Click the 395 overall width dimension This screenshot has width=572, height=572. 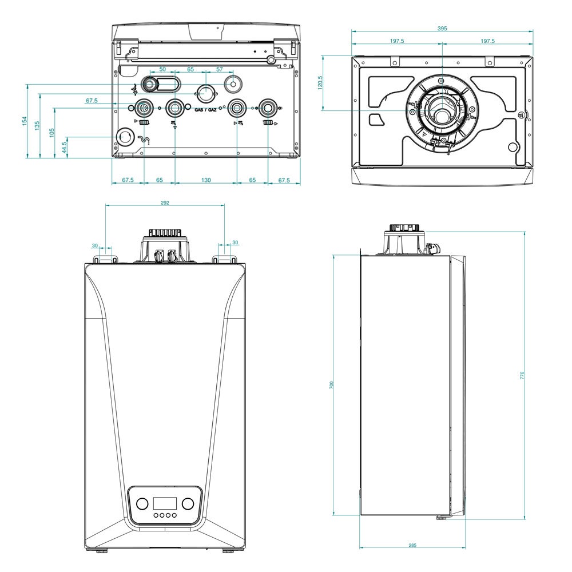tap(442, 28)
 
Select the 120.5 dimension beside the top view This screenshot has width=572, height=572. tap(321, 82)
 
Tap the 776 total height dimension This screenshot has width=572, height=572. tap(522, 376)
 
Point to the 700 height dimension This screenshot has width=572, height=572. tap(331, 385)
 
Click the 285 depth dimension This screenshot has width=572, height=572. tap(412, 545)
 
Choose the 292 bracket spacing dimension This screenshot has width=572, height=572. tap(165, 202)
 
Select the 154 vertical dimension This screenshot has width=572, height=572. tap(25, 121)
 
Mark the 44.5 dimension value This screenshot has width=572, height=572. tap(64, 147)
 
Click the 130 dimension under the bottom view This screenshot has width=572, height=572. tap(206, 180)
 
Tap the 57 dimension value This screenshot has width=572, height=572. tap(220, 69)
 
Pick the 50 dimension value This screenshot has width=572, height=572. tap(162, 69)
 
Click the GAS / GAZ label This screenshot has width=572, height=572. tap(205, 109)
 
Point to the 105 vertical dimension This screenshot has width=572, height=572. tap(51, 132)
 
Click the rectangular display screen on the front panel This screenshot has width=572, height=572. tap(165, 504)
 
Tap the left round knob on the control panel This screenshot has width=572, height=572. tap(141, 504)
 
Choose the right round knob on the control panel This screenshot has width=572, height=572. tap(189, 504)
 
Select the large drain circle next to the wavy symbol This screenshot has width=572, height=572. tap(124, 136)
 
